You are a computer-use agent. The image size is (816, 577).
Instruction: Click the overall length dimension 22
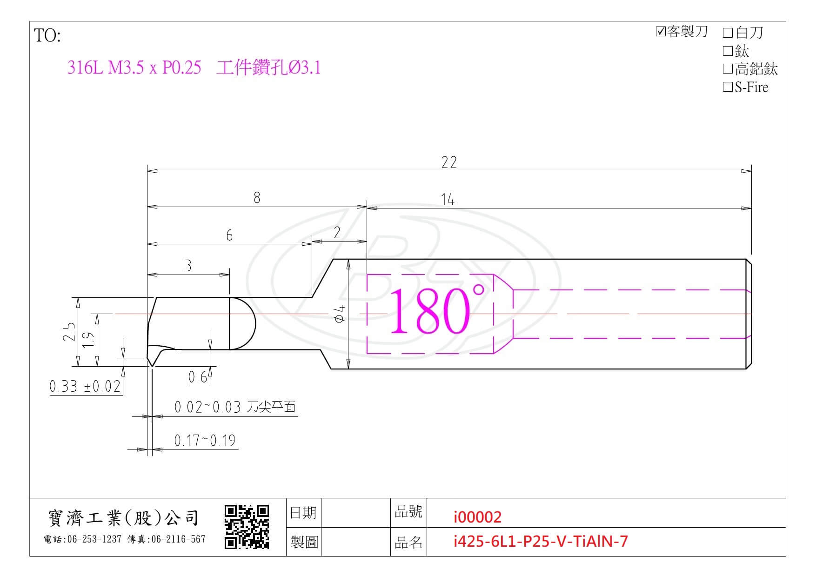[x=449, y=162]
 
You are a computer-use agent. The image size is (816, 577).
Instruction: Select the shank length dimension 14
[x=448, y=199]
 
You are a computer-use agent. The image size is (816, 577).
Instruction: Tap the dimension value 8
[x=257, y=198]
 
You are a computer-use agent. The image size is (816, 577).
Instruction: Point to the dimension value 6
[x=229, y=235]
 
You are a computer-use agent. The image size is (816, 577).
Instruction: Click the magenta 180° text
[x=436, y=310]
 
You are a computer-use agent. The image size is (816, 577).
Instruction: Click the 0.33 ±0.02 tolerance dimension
[x=85, y=386]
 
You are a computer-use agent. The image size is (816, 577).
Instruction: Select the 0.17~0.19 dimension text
[x=205, y=440]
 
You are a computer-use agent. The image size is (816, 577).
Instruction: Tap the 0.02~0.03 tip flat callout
[x=235, y=407]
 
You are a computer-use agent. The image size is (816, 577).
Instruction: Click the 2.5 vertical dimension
[x=69, y=332]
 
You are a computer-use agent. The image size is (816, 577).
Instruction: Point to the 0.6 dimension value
[x=198, y=377]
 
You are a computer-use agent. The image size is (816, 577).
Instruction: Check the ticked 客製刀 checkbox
[x=660, y=32]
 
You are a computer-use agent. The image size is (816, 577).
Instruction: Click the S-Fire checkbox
[x=728, y=87]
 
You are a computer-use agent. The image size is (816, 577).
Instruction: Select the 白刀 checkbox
[x=728, y=33]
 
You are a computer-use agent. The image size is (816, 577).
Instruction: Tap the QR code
[x=247, y=527]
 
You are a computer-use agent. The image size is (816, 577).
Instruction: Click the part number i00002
[x=477, y=517]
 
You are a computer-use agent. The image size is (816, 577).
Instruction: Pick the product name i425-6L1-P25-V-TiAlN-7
[x=541, y=541]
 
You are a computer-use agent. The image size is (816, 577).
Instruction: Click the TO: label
[x=47, y=36]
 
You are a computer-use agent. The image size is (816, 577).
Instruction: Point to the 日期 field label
[x=303, y=513]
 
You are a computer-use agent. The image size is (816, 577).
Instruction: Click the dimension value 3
[x=188, y=266]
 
